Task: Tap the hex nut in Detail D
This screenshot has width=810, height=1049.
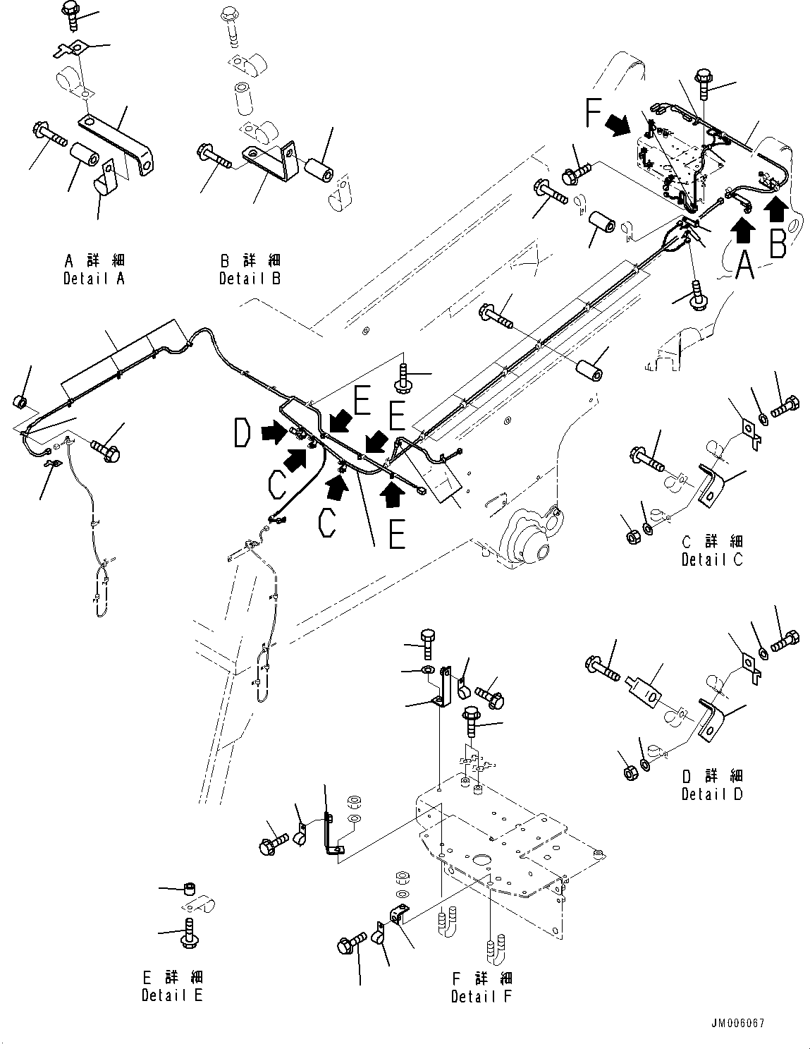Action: click(631, 770)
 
